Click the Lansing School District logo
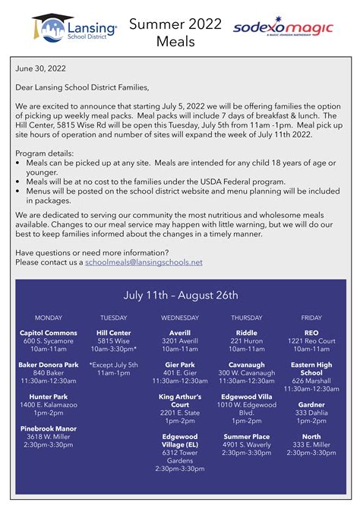click(74, 28)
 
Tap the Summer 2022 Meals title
click(175, 32)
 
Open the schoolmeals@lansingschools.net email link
click(144, 262)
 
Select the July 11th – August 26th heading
click(181, 295)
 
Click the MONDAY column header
click(49, 318)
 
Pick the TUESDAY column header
click(114, 318)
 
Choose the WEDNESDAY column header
click(180, 318)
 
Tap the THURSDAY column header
click(246, 318)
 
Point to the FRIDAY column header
click(311, 318)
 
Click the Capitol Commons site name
click(49, 333)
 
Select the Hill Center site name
click(114, 333)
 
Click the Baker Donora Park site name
click(49, 365)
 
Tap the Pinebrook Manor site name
click(49, 428)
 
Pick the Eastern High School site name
click(311, 369)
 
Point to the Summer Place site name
click(246, 437)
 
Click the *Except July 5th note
click(114, 365)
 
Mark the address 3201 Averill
click(180, 341)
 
